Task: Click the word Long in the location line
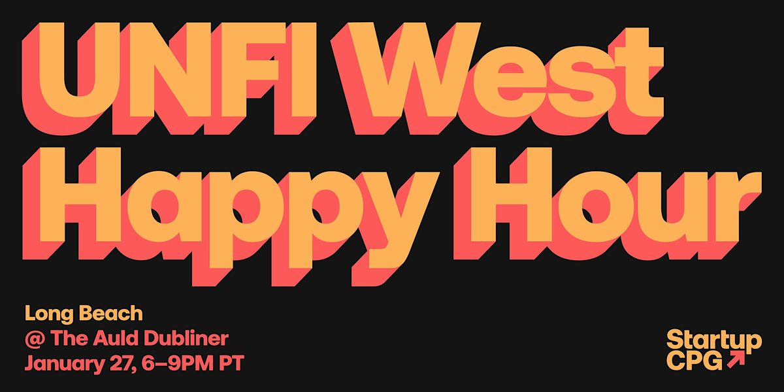[x=46, y=314]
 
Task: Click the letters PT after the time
[x=229, y=363]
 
